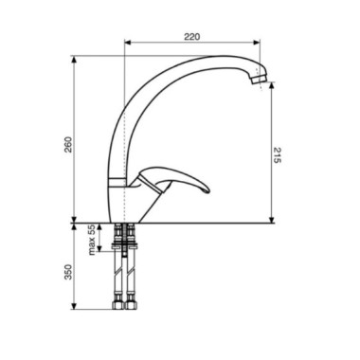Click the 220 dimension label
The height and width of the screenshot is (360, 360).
pos(192,37)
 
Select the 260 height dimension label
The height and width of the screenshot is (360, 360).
pos(68,144)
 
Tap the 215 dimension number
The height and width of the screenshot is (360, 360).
pos(277,155)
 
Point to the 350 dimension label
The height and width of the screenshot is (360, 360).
pos(68,272)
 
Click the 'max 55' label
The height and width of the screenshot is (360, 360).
pos(92,241)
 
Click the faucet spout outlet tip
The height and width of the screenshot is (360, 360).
pos(259,81)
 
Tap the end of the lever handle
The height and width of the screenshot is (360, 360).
pos(207,190)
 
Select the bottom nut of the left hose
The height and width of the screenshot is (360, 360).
pos(117,305)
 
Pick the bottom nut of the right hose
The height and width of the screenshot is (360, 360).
pos(131,305)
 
